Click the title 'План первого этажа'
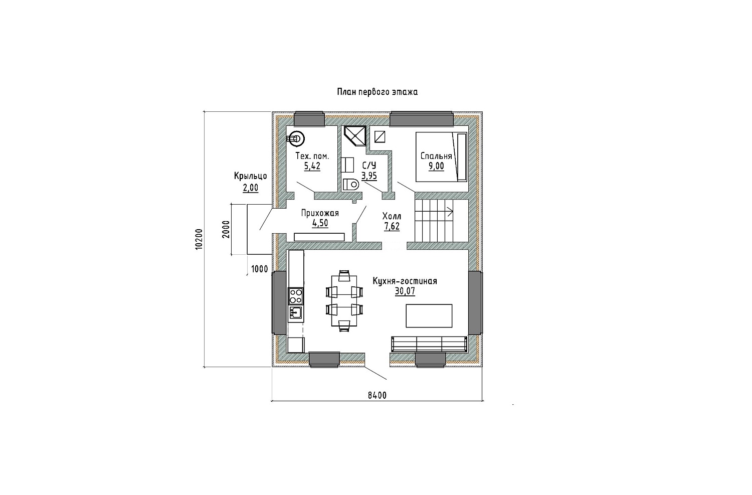click(x=378, y=92)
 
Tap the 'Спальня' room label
click(x=436, y=156)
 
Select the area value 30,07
click(x=405, y=291)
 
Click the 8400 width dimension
click(x=378, y=396)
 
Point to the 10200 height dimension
click(x=199, y=239)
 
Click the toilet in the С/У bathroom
click(x=351, y=184)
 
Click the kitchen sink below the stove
click(x=296, y=313)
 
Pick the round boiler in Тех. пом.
click(x=296, y=139)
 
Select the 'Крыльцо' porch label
click(x=251, y=177)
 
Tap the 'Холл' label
click(x=392, y=216)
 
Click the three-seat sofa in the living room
click(x=429, y=344)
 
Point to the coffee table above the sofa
click(x=429, y=315)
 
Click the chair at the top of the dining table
click(x=344, y=275)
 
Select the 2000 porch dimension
click(x=226, y=229)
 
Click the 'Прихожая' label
click(x=320, y=213)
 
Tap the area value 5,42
click(x=312, y=166)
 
